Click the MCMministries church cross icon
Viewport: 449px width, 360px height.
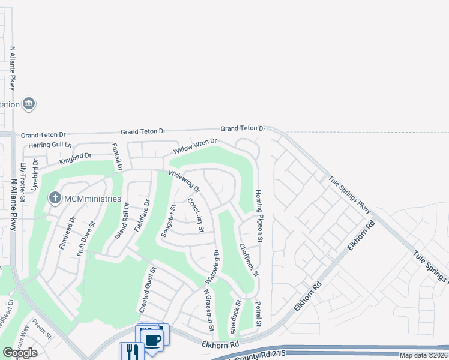(x=55, y=198)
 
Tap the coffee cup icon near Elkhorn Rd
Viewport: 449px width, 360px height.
(x=154, y=340)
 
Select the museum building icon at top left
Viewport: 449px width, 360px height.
(x=29, y=104)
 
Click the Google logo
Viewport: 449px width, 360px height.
(x=20, y=353)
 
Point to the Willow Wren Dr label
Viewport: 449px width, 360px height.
(x=195, y=147)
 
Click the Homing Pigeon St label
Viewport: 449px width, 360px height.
(x=259, y=217)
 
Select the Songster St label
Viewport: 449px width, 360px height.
(x=169, y=221)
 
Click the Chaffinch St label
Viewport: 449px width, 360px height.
(x=249, y=260)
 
